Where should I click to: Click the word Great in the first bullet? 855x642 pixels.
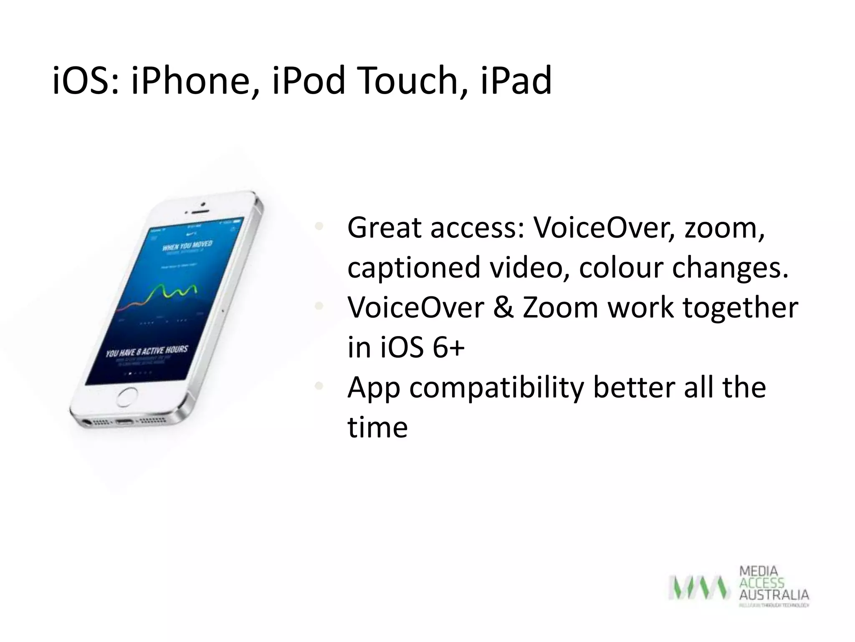(384, 229)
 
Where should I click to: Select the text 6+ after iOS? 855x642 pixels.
(448, 348)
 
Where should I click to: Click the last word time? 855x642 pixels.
(377, 428)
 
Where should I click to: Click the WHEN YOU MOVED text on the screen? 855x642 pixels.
(187, 245)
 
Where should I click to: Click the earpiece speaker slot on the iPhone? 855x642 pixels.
(195, 211)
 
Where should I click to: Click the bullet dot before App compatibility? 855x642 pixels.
(319, 386)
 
